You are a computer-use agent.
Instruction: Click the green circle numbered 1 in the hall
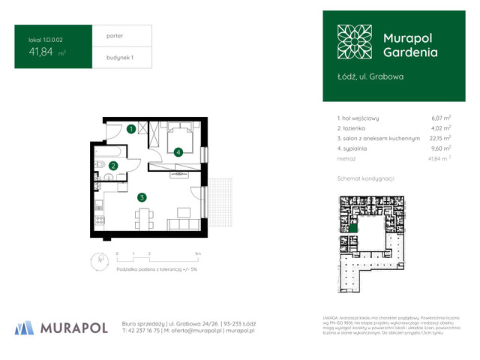point(131,129)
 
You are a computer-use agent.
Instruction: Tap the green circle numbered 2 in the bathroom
point(113,166)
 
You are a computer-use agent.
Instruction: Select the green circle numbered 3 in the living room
point(141,197)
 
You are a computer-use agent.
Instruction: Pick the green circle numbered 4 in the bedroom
point(178,152)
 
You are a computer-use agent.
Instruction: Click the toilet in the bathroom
point(109,178)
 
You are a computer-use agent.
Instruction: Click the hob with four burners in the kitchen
point(99,220)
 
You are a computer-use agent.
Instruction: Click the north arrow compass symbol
point(97,261)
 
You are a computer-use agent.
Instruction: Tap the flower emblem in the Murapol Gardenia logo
point(354,42)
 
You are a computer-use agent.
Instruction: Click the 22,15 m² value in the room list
point(439,138)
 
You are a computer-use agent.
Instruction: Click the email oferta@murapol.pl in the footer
point(175,330)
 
